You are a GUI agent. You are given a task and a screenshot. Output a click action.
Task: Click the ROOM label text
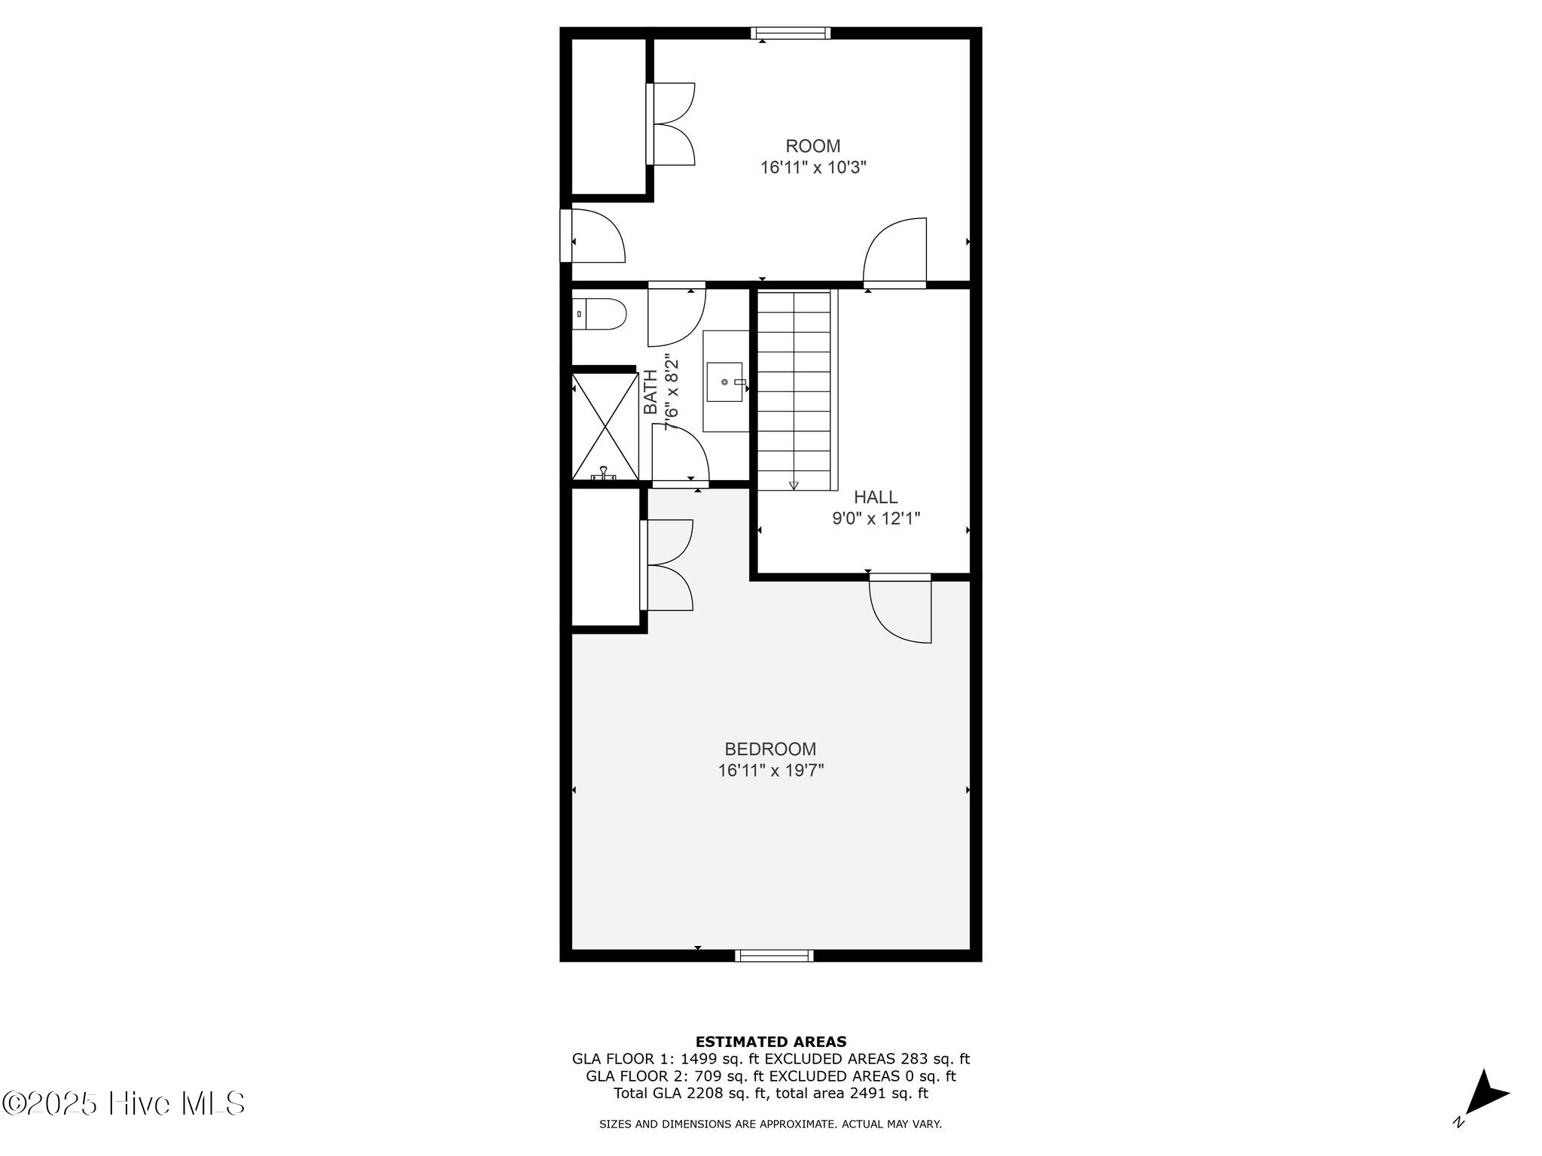(x=812, y=146)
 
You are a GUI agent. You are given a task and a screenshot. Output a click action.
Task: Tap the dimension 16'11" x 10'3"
(x=813, y=168)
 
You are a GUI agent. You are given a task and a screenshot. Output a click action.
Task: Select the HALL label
(x=876, y=497)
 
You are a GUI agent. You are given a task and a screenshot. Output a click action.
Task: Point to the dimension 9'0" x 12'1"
(x=876, y=519)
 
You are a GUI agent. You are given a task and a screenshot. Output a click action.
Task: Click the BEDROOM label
(x=770, y=749)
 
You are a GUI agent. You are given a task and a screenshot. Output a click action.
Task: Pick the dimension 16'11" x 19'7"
(x=770, y=771)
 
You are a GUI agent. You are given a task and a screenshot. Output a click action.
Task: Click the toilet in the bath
(x=600, y=314)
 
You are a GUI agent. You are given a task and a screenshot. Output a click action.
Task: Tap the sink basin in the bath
(x=725, y=382)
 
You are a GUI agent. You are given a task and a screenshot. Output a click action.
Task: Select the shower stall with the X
(x=605, y=426)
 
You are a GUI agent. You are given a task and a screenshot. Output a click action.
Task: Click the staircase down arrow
(x=794, y=485)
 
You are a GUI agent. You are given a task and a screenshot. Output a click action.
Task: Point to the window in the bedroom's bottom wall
(x=774, y=956)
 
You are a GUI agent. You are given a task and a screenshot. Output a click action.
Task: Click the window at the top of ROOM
(x=791, y=33)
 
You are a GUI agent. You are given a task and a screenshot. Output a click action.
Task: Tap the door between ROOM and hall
(x=895, y=252)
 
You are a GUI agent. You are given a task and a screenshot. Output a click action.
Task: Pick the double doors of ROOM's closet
(x=670, y=124)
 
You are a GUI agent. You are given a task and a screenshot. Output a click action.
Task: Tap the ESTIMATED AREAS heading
(x=770, y=1042)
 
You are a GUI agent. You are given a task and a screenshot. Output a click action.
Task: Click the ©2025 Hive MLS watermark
(x=124, y=1104)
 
